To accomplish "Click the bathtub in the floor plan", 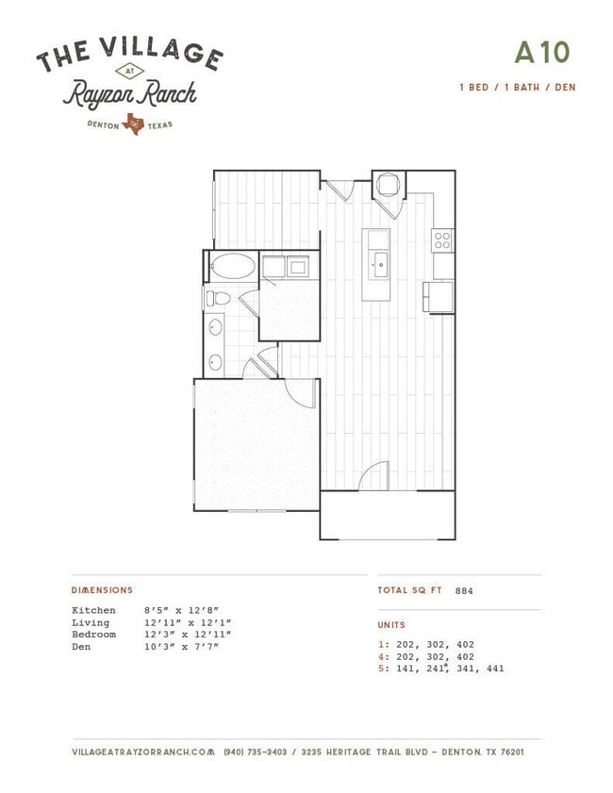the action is click(233, 266).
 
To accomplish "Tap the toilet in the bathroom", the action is click(218, 298).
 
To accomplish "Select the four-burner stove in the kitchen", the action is click(442, 240).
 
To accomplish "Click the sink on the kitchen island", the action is click(380, 265).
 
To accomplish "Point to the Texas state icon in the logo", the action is click(133, 124).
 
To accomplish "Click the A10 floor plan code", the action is click(542, 52).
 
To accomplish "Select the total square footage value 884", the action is click(464, 590).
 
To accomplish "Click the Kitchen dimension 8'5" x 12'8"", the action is click(181, 610).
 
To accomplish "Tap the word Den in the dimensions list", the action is click(81, 647).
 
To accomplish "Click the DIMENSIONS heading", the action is click(102, 590).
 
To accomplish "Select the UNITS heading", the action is click(391, 625).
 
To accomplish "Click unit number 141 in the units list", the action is click(406, 669).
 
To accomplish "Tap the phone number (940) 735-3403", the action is click(255, 752).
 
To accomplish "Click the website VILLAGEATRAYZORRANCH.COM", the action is click(143, 752).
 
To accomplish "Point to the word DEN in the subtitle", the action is click(565, 88).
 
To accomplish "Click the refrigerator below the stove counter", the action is click(439, 297).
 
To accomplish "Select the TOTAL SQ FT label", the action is click(409, 590).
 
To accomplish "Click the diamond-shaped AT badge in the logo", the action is click(130, 72).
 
